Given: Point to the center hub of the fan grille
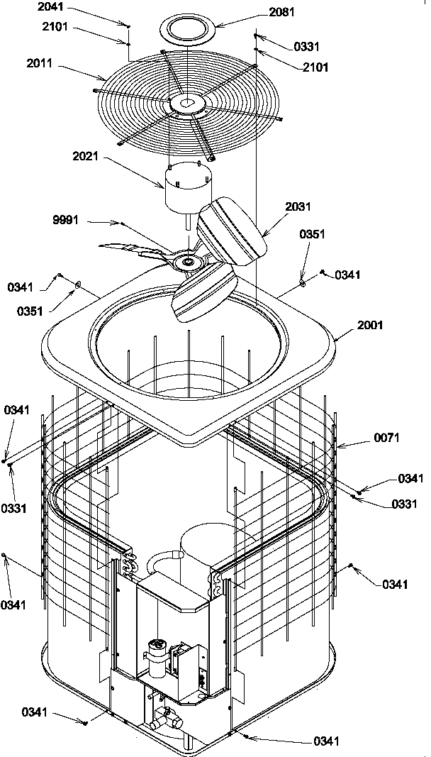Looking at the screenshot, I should (x=186, y=104).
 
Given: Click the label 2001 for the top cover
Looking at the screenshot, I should (x=370, y=325).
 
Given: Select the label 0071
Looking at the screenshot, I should (x=387, y=438).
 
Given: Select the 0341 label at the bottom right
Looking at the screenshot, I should (x=326, y=741).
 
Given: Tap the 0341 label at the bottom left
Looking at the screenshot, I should (x=35, y=711).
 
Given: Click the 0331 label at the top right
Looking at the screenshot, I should (x=306, y=47).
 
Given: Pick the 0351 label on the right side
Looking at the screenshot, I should (x=312, y=233).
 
